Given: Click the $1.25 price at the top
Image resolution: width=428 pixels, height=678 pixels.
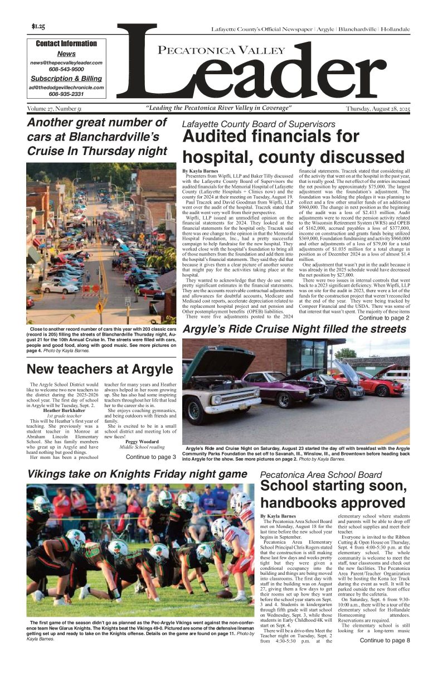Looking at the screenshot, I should pos(38,26).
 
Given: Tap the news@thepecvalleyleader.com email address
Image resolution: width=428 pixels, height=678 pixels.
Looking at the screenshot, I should pos(66,63).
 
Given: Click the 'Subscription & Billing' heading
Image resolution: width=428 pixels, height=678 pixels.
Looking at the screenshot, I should pos(66,79).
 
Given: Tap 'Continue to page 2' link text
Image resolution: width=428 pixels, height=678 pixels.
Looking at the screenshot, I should pos(384,318).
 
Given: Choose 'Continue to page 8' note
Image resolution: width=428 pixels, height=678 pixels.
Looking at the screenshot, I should pos(385,656).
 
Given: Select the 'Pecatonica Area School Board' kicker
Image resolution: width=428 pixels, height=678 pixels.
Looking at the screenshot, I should pos(321,475).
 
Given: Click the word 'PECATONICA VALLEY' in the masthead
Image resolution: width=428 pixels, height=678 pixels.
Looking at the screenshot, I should pos(221,51).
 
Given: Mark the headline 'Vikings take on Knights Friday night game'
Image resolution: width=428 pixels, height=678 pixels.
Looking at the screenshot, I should pos(137,474).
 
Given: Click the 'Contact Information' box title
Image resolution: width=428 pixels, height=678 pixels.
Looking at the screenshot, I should pos(66,43).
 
